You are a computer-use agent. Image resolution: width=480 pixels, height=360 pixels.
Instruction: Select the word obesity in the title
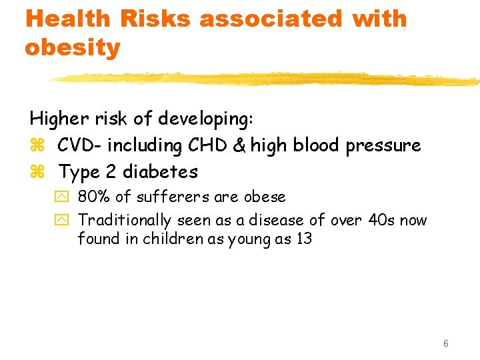[73, 47]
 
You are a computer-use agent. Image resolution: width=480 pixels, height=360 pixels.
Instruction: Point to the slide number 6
[445, 343]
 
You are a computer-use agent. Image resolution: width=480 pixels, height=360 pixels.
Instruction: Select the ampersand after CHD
[238, 145]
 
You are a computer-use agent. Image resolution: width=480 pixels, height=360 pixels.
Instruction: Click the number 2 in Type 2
[111, 172]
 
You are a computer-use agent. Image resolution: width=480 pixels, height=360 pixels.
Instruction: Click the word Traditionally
[125, 220]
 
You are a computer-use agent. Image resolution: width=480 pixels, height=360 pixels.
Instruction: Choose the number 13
[303, 239]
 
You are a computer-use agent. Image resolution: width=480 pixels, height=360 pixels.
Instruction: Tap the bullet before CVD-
[36, 146]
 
